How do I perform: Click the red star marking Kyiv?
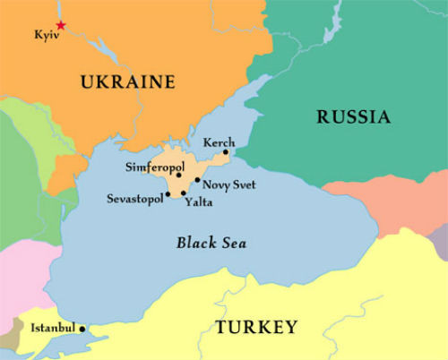60,25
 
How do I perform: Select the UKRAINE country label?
127,82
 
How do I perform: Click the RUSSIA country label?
354,116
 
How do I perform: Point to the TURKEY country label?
255,327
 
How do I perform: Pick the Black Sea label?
211,243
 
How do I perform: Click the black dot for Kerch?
227,152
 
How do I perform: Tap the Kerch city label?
219,141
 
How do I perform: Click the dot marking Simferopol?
179,175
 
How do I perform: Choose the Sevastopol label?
134,198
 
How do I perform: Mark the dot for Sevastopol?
168,193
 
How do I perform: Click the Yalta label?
198,202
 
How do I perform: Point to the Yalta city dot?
184,193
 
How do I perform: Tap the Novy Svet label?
229,184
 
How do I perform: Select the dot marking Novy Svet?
197,180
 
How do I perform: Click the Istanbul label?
52,328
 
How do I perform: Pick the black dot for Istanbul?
82,329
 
